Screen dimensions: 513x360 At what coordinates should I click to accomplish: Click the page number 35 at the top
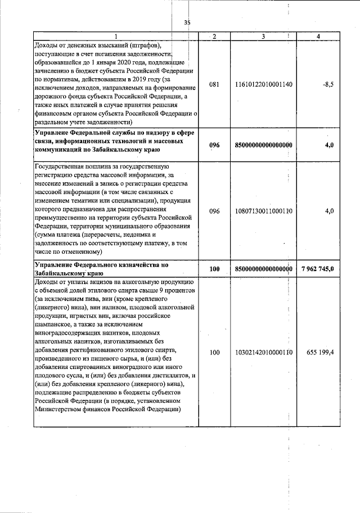(187, 22)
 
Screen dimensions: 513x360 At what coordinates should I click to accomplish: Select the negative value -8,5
(328, 84)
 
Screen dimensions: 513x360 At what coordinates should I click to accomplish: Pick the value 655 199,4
(321, 353)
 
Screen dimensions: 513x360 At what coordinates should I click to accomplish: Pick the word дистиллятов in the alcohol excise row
(170, 375)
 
